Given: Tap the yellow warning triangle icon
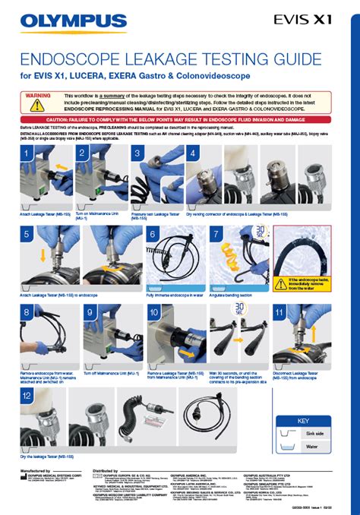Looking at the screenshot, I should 33,105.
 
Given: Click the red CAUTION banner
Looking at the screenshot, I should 180,120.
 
